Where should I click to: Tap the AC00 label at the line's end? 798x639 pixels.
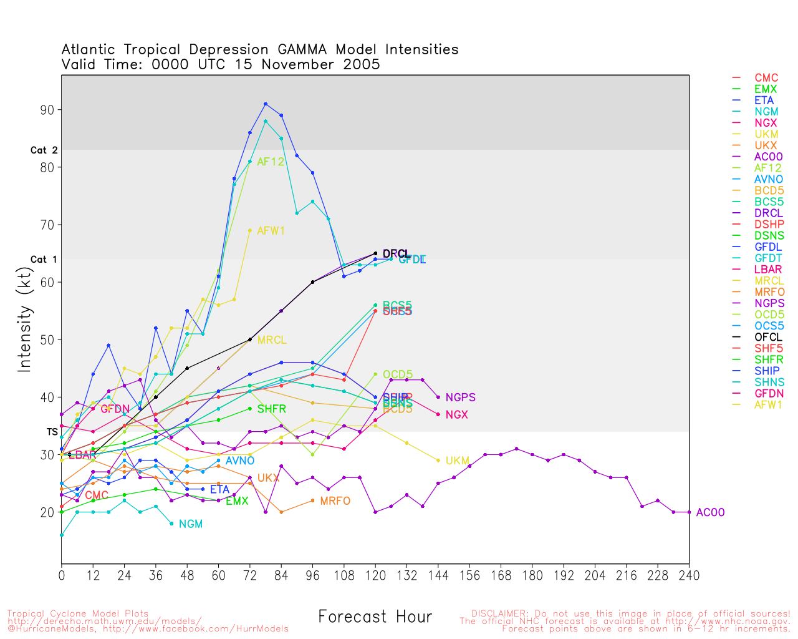(710, 512)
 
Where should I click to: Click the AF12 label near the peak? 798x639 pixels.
(271, 162)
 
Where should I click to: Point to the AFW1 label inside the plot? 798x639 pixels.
(271, 231)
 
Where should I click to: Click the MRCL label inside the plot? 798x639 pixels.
(272, 340)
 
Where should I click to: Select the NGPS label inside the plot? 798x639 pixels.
(461, 398)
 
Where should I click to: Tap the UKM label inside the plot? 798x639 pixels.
(457, 461)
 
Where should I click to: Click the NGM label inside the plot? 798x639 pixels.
(191, 524)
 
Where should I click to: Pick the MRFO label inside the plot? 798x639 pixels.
(335, 501)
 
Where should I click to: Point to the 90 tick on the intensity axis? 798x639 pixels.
(47, 110)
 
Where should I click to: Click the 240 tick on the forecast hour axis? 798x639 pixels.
(689, 575)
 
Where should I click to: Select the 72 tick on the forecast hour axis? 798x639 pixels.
(250, 575)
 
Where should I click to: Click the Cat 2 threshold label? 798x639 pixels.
(44, 150)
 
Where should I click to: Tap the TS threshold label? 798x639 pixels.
(52, 432)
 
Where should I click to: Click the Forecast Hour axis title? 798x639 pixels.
(375, 617)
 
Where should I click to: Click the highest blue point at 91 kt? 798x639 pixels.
(266, 104)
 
